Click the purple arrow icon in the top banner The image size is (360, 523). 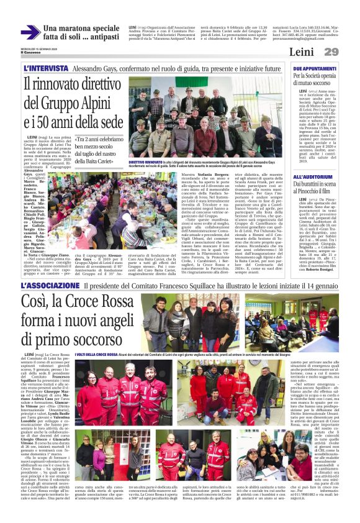click(x=30, y=33)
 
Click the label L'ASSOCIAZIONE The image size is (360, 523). click(x=49, y=286)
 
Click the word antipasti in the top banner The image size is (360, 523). click(x=101, y=39)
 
